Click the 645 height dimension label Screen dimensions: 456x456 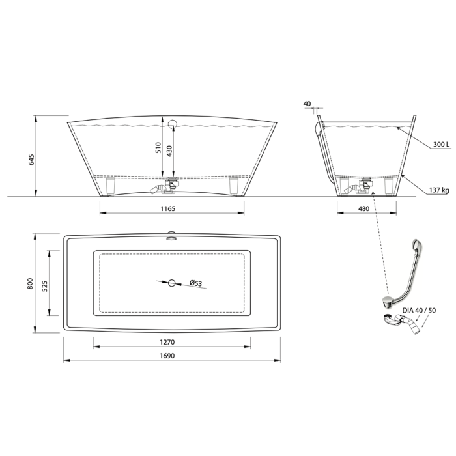point(31,160)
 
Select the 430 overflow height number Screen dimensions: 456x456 point(169,151)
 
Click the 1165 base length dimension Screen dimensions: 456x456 point(168,208)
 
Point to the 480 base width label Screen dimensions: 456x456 point(363,208)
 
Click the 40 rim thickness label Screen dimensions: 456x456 point(307,104)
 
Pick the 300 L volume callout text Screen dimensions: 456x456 point(441,144)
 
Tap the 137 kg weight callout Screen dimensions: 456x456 point(439,190)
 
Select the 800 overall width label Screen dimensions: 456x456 point(30,283)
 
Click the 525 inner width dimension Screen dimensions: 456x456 point(44,285)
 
